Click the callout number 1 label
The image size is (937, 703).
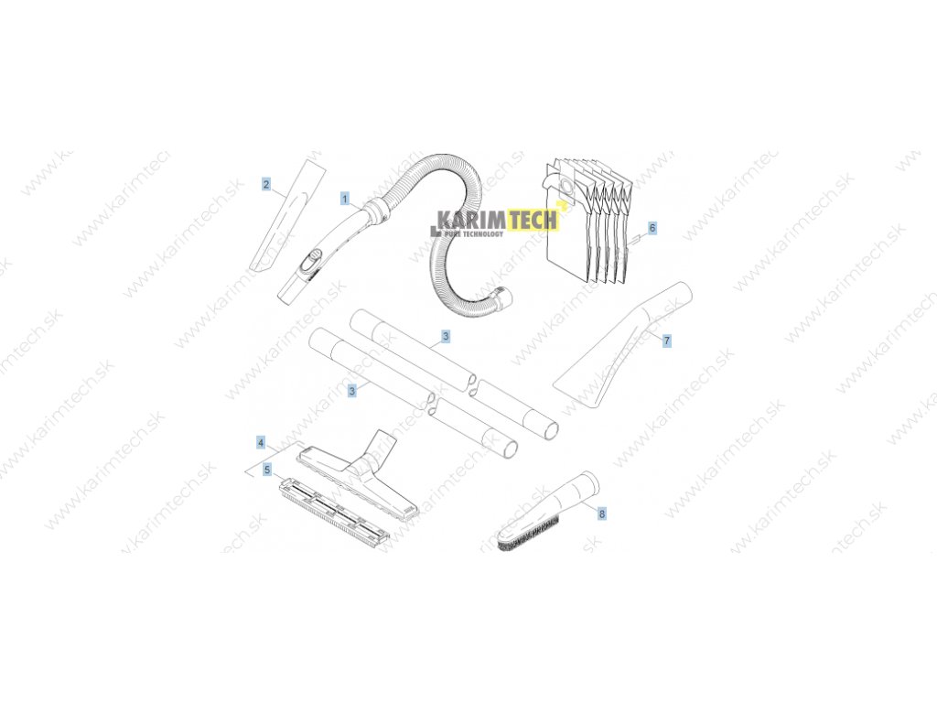[345, 198]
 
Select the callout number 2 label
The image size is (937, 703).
[266, 185]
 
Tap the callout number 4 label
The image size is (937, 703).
[261, 442]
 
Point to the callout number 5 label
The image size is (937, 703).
[266, 470]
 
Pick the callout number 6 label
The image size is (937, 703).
[652, 226]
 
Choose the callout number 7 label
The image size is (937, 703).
[667, 341]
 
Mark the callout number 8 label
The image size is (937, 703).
[601, 514]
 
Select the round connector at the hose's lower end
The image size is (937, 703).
[502, 298]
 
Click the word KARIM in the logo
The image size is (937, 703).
[468, 220]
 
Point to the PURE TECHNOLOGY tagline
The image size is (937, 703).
[472, 234]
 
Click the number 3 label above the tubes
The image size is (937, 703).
[445, 337]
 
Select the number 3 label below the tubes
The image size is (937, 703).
[351, 391]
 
